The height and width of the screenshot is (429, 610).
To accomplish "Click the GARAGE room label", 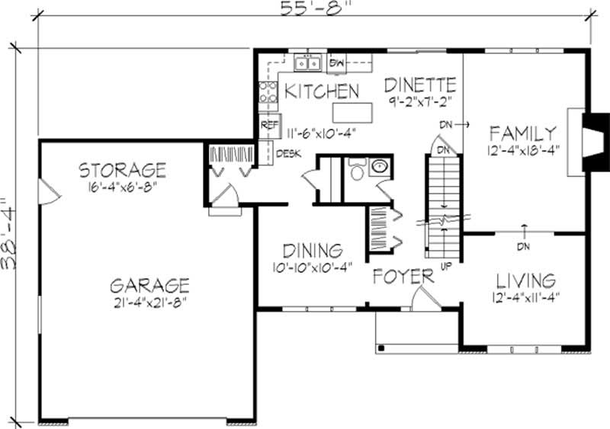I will pyautogui.click(x=149, y=286).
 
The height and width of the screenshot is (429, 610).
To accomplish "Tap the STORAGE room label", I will pyautogui.click(x=122, y=169).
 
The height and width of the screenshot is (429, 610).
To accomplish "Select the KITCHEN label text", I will pyautogui.click(x=321, y=91).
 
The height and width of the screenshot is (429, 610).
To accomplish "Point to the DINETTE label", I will pyautogui.click(x=420, y=84).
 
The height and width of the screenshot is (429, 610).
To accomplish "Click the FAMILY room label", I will pyautogui.click(x=523, y=132).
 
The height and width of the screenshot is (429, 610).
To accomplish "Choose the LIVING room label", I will pyautogui.click(x=525, y=279).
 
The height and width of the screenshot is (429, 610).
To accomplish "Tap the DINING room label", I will pyautogui.click(x=312, y=251).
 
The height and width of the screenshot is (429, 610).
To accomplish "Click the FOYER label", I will pyautogui.click(x=403, y=276).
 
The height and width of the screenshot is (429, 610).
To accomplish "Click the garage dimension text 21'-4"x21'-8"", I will pyautogui.click(x=149, y=301).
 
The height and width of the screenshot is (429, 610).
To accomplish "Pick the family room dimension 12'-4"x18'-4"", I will pyautogui.click(x=523, y=150).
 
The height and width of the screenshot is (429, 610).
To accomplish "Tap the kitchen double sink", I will pyautogui.click(x=308, y=62).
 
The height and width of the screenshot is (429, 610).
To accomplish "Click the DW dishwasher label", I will pyautogui.click(x=337, y=62).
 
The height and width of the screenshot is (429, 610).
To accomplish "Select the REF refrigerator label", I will pyautogui.click(x=269, y=124).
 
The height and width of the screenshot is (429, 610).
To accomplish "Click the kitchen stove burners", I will pyautogui.click(x=268, y=93).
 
